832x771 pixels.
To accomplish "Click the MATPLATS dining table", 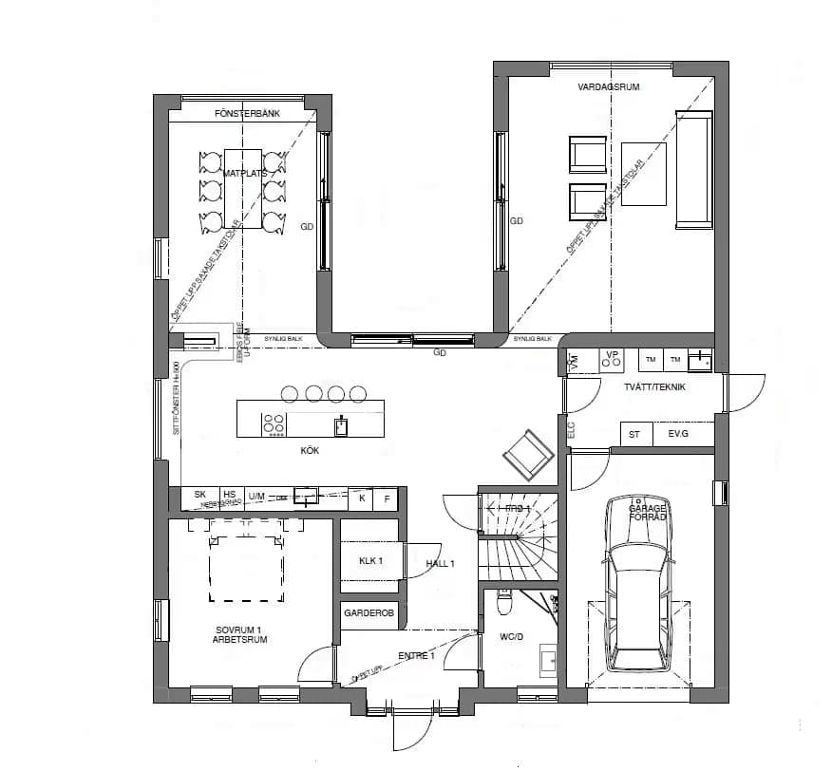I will click(243, 187).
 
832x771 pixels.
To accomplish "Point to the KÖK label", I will click(309, 450).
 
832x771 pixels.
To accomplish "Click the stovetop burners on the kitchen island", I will click(274, 423).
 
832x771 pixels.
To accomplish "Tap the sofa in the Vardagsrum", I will click(693, 170).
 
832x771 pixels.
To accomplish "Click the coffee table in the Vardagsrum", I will click(643, 173).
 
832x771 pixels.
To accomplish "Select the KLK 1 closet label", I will click(370, 561).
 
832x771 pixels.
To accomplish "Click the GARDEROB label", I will click(369, 614).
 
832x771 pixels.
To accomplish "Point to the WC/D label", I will click(512, 636).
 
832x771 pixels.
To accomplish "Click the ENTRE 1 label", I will click(416, 656).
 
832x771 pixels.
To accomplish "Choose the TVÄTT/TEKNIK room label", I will click(654, 386).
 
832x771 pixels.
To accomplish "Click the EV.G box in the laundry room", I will click(678, 434).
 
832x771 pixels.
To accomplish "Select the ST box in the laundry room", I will click(634, 434).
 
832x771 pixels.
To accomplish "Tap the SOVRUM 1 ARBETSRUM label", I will click(239, 635).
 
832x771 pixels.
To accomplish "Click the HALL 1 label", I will click(441, 564).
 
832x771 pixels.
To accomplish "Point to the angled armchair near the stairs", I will click(527, 455).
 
